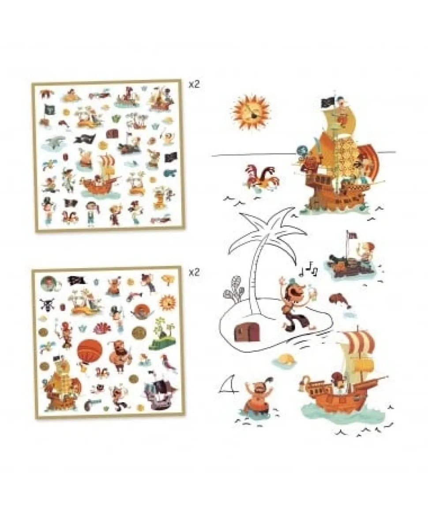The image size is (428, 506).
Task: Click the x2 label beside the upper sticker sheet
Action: [194, 85]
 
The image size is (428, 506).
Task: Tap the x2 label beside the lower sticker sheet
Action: [194, 273]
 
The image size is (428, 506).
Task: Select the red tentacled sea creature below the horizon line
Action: [259, 177]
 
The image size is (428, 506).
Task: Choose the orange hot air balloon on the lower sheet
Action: [90, 352]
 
